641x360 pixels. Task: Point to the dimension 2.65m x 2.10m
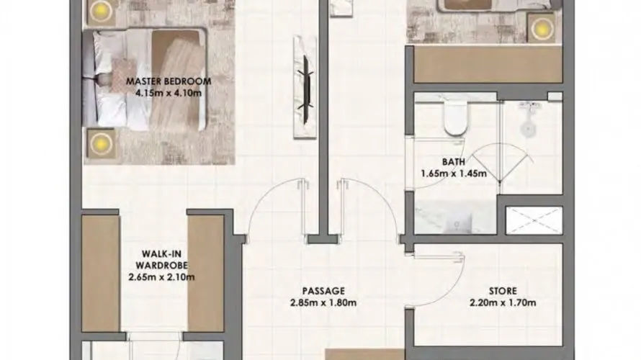pyautogui.click(x=161, y=276)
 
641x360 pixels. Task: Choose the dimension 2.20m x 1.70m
pyautogui.click(x=503, y=302)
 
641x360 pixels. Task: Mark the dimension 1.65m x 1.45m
pyautogui.click(x=454, y=174)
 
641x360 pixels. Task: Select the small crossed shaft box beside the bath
pyautogui.click(x=533, y=220)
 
